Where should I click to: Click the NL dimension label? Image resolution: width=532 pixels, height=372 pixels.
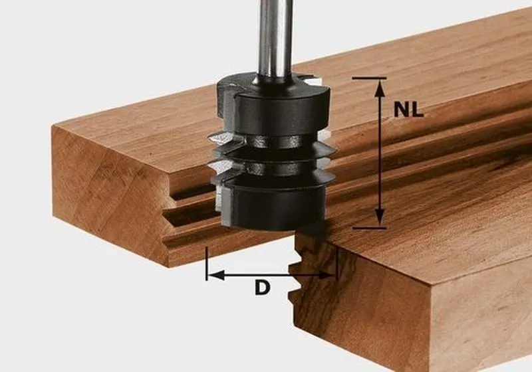point(408,110)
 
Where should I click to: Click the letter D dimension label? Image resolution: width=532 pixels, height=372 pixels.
point(263,288)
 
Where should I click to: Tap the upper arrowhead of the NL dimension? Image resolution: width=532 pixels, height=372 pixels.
point(380,84)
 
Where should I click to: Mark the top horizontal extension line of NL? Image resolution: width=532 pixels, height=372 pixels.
point(368,78)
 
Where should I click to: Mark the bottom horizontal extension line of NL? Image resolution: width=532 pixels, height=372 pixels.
point(368,227)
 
